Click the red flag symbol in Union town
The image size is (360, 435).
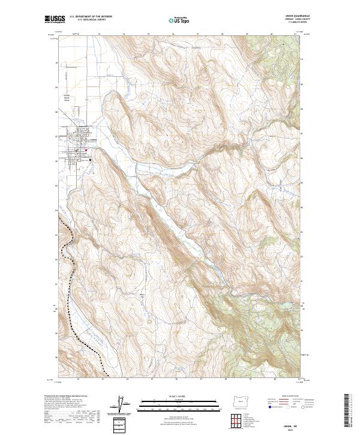(86, 149)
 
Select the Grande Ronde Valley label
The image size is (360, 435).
(68, 100)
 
